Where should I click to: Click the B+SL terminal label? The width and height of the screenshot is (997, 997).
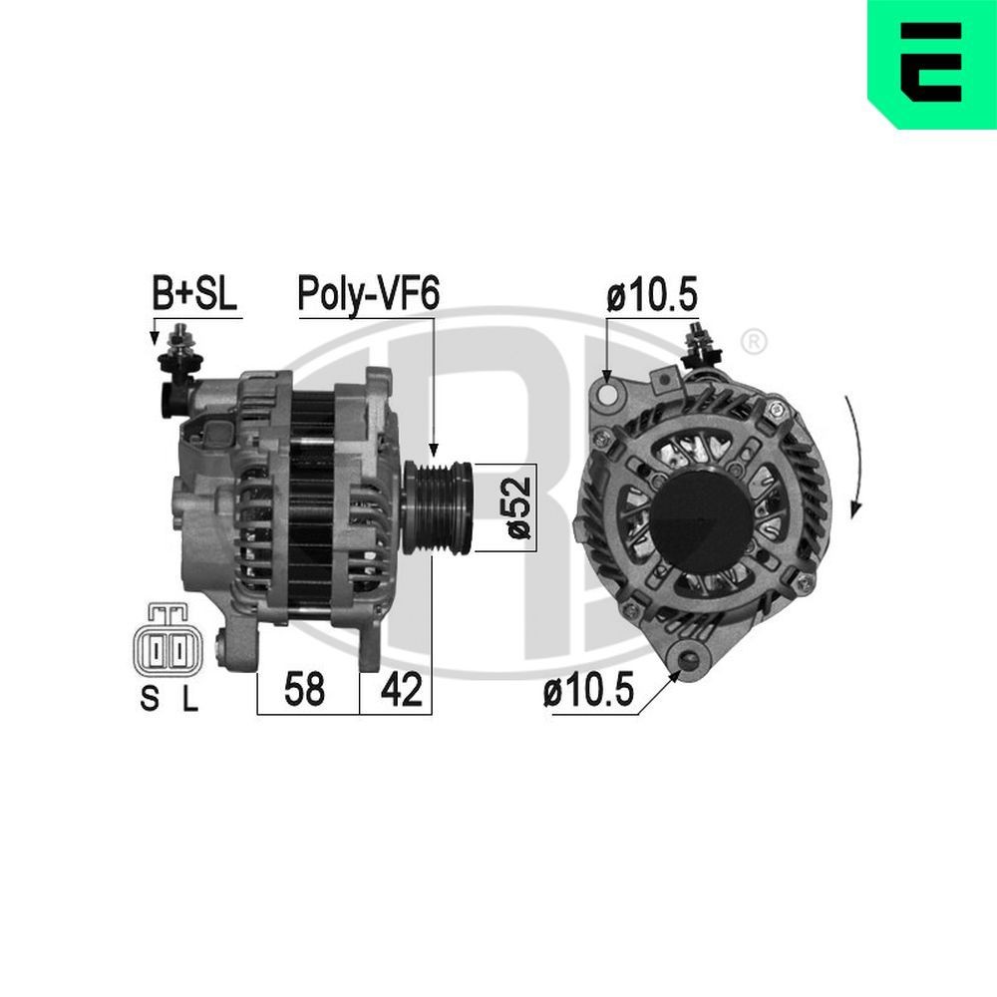[195, 295]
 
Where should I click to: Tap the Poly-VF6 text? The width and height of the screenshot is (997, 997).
[367, 295]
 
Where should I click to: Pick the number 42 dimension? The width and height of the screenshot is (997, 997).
[401, 690]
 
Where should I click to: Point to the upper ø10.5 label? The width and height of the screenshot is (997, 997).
[651, 296]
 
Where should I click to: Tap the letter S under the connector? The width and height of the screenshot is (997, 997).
[149, 701]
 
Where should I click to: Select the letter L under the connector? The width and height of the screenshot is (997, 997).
[189, 701]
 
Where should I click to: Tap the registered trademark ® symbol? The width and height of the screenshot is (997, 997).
[755, 343]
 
